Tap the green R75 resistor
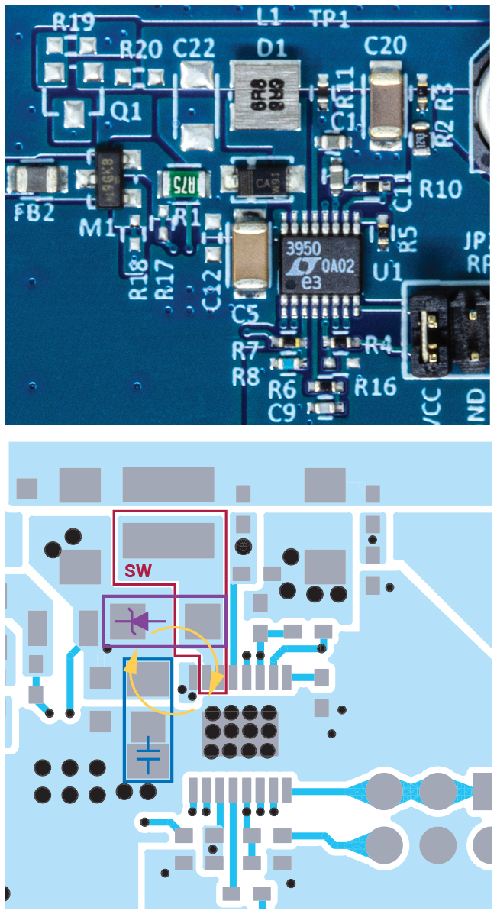click(180, 183)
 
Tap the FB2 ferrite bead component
click(33, 181)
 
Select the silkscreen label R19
click(73, 21)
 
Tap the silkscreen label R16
click(376, 386)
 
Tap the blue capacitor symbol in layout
click(148, 757)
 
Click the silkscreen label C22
click(193, 49)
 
